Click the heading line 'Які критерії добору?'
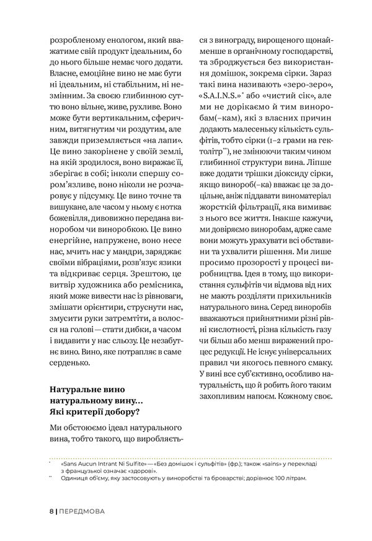(90, 410)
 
